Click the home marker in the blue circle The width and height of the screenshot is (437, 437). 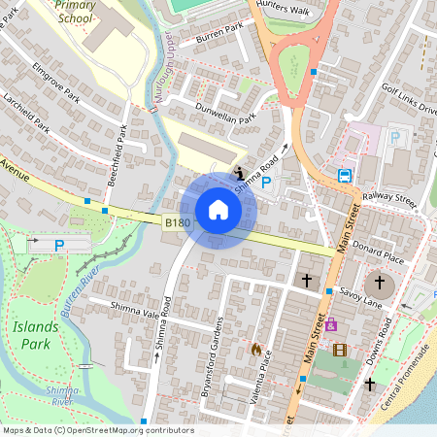tap(218, 209)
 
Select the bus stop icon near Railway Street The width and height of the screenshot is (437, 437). tap(345, 176)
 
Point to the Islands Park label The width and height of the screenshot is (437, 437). tap(36, 332)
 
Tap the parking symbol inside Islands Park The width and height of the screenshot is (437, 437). tap(58, 246)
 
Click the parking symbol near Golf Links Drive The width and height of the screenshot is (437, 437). tap(394, 138)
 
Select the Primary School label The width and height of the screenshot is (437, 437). tap(75, 12)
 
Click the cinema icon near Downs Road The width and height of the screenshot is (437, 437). tap(339, 350)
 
